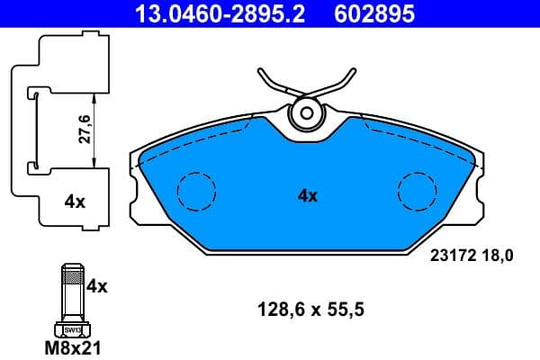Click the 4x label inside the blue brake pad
tap(307, 194)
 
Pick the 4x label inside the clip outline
tap(75, 202)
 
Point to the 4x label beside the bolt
tap(96, 286)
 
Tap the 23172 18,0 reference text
tap(467, 256)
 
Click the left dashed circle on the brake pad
tap(197, 191)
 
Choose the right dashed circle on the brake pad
tap(418, 191)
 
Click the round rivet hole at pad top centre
tap(307, 113)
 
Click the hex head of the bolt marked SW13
tap(72, 329)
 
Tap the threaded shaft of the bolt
tap(72, 292)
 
